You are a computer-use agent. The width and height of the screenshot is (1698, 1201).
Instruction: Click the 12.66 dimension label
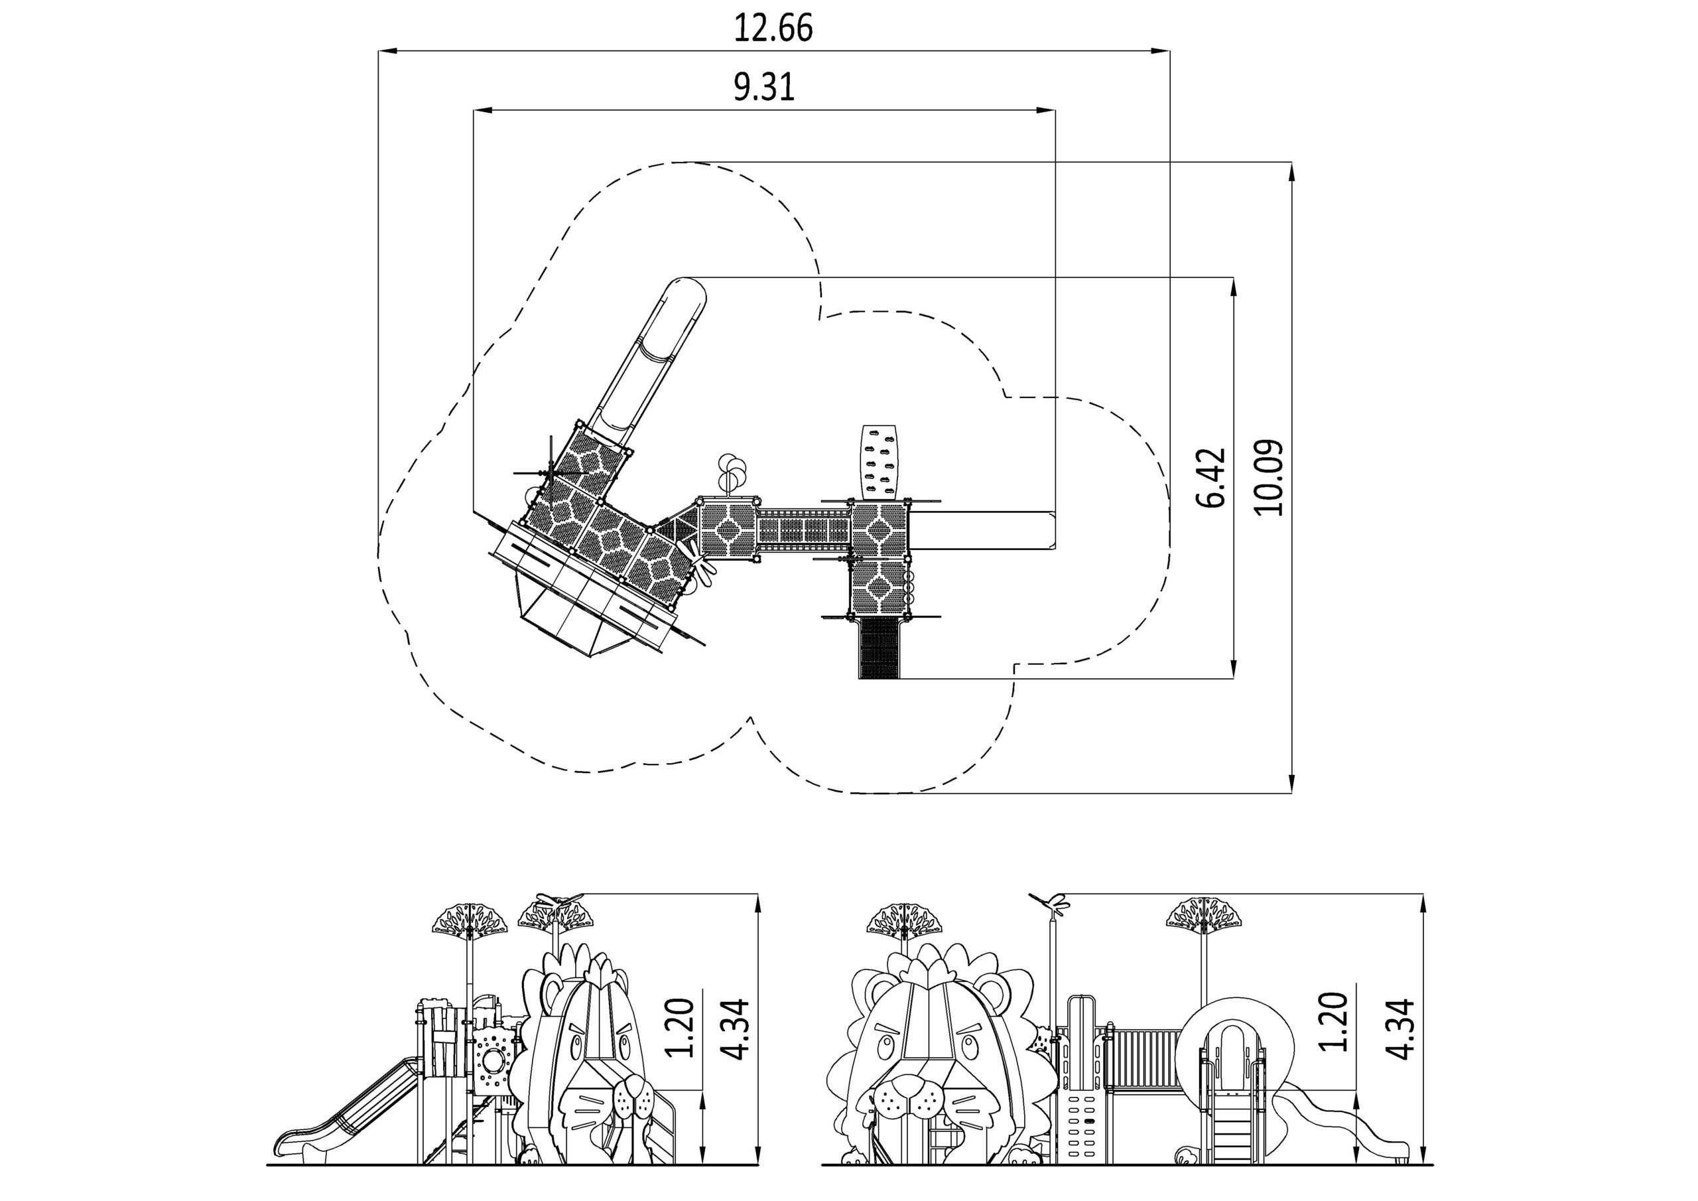coord(773,28)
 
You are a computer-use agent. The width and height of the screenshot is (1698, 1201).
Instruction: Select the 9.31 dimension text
coord(764,88)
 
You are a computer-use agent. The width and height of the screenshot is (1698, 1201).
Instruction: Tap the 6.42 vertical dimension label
coord(1211,477)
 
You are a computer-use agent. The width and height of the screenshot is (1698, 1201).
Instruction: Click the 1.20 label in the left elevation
coord(680,1028)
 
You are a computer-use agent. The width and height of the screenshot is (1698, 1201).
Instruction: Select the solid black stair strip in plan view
coord(880,648)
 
